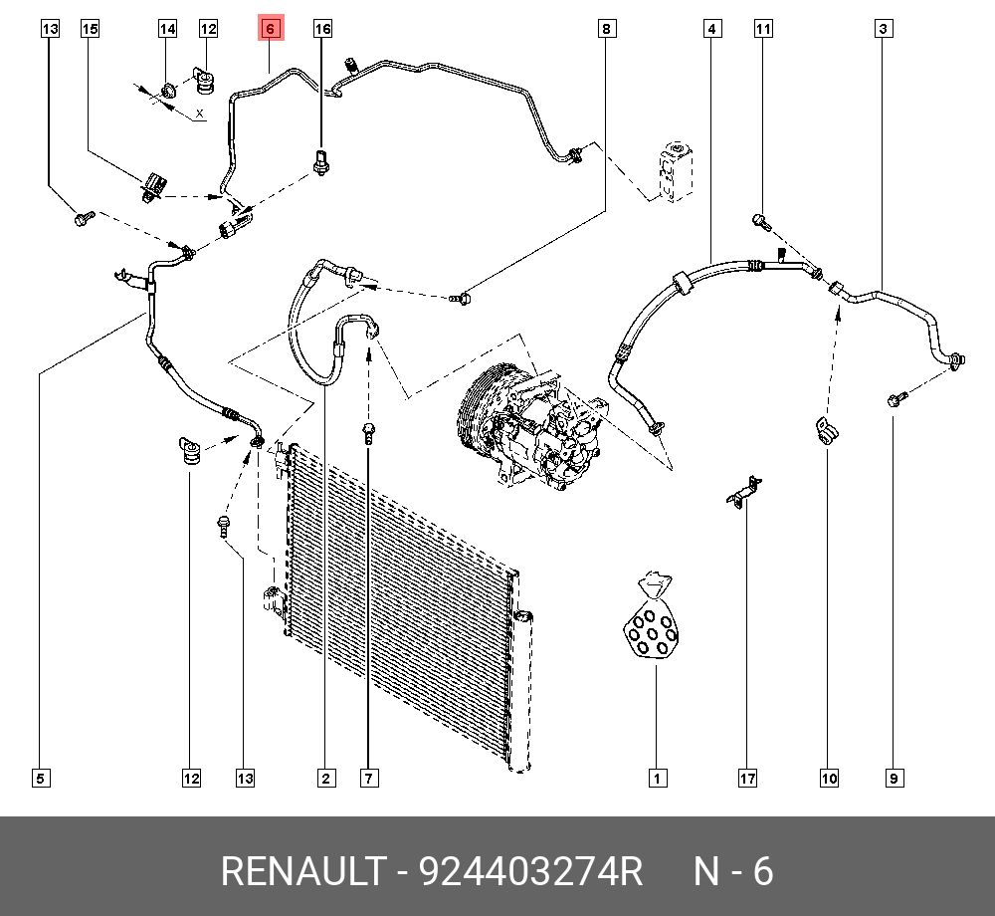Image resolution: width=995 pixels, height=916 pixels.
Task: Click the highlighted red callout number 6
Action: (x=271, y=29)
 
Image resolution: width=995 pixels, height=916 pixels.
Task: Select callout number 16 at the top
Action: (x=322, y=29)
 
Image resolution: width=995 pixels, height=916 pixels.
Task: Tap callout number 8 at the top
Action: (x=607, y=29)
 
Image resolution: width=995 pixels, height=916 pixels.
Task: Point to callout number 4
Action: (x=712, y=29)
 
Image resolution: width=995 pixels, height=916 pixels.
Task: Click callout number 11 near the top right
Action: (x=763, y=29)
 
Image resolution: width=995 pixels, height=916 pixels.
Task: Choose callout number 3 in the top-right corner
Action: (x=884, y=29)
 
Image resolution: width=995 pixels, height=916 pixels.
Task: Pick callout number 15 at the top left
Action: (x=91, y=29)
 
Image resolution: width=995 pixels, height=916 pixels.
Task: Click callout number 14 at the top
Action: (x=167, y=29)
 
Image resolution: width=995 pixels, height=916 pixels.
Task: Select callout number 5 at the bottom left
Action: (x=41, y=779)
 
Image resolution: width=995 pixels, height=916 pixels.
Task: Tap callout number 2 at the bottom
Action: (x=326, y=779)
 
